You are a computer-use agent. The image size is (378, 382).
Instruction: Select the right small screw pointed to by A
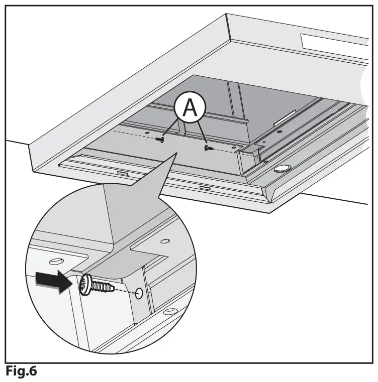pos(207,148)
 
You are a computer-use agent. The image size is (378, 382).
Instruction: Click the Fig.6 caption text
pos(21,372)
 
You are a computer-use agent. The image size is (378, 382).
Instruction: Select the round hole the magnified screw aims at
pos(139,293)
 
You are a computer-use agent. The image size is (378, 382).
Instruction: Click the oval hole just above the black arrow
pos(56,261)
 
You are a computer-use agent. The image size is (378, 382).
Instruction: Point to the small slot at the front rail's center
pos(205,188)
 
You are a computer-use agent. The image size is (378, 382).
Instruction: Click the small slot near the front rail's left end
pos(122,172)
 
